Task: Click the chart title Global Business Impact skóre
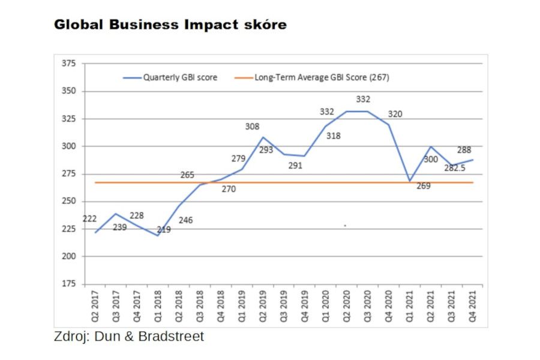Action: point(170,25)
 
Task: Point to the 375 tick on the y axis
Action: point(71,64)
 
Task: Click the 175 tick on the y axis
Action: point(71,284)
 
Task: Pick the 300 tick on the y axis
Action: point(71,146)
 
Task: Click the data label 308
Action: point(252,127)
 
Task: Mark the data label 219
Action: point(163,229)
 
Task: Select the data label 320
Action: point(395,114)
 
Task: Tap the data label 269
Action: point(423,186)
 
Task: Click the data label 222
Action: point(89,219)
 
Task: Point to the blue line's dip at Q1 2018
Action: point(158,236)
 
